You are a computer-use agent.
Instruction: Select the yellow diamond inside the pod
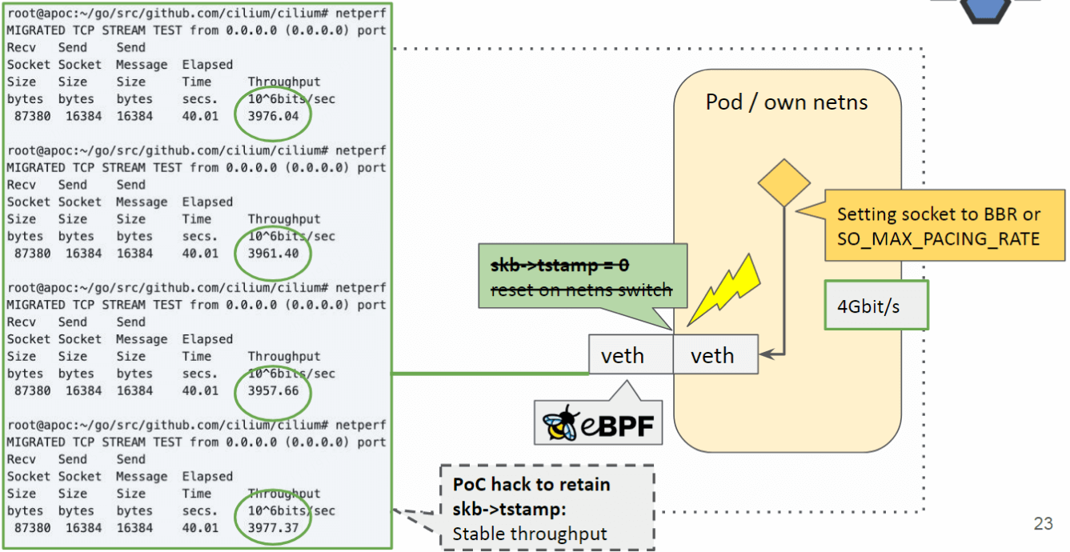[784, 183]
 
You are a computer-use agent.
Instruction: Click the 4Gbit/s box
[876, 306]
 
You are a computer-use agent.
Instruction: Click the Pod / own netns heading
[786, 102]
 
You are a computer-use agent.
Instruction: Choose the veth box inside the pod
[712, 355]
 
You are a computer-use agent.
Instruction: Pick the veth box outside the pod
[623, 355]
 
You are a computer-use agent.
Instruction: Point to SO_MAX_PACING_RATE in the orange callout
[938, 238]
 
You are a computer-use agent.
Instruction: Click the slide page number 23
[1043, 524]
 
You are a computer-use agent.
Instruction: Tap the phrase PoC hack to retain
[531, 484]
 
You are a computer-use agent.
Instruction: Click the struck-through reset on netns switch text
[581, 290]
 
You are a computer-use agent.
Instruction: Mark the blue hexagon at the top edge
[984, 8]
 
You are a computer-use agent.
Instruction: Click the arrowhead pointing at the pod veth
[763, 353]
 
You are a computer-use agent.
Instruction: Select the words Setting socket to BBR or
[939, 214]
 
